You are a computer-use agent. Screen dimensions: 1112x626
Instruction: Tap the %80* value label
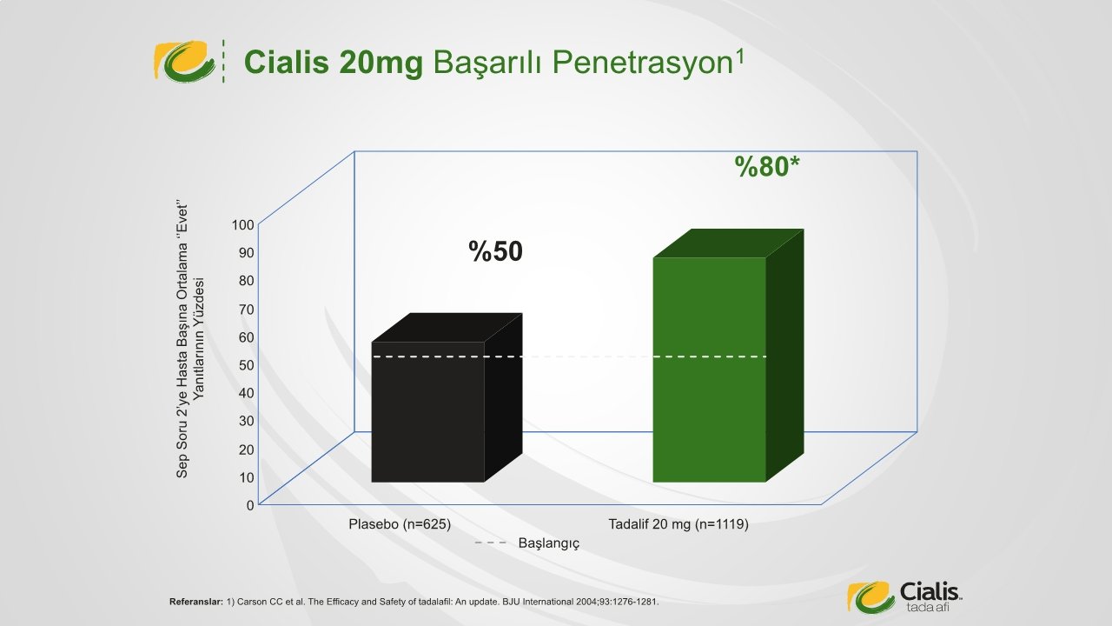point(767,166)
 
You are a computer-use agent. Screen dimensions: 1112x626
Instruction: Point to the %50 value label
point(495,251)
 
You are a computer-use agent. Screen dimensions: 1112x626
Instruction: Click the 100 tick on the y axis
point(242,225)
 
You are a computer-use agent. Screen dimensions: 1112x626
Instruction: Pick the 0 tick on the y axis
point(250,505)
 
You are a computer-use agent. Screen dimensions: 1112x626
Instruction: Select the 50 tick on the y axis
point(246,365)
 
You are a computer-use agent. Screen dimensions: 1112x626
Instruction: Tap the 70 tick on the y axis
point(246,310)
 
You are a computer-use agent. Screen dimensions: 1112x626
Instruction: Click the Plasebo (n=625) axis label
point(400,524)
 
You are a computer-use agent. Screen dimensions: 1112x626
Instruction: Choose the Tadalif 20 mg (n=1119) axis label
point(678,524)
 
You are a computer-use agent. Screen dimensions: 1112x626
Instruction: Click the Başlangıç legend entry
point(527,543)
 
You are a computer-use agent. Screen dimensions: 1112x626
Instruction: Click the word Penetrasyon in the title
point(582,63)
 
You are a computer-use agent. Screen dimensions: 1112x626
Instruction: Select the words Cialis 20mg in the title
point(334,63)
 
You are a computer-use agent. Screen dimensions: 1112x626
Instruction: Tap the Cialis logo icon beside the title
point(185,61)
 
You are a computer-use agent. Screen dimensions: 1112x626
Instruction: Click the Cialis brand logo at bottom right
point(904,596)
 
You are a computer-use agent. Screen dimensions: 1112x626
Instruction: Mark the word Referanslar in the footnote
point(196,602)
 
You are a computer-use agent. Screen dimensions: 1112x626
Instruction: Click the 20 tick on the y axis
point(246,450)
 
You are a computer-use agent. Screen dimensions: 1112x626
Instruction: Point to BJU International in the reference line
point(538,602)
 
